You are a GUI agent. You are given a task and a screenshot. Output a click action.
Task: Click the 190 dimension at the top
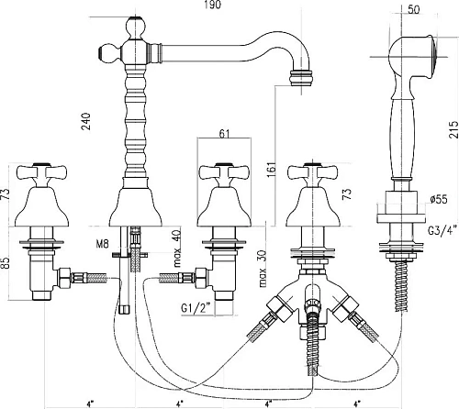(x=212, y=5)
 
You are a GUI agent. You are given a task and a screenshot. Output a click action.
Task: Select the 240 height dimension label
(x=86, y=122)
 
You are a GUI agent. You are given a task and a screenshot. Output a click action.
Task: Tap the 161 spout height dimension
(x=271, y=168)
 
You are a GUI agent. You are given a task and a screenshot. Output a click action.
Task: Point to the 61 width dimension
(x=224, y=134)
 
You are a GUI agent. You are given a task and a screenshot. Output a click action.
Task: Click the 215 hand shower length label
(x=453, y=129)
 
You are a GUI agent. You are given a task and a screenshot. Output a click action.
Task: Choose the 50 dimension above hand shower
(x=413, y=9)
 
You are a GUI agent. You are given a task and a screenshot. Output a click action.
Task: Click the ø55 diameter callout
(x=438, y=199)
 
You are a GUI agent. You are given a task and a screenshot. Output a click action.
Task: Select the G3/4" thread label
(x=442, y=229)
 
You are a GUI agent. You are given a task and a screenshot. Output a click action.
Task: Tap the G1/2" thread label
(x=196, y=307)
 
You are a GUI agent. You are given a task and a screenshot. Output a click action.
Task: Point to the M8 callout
(x=103, y=244)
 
